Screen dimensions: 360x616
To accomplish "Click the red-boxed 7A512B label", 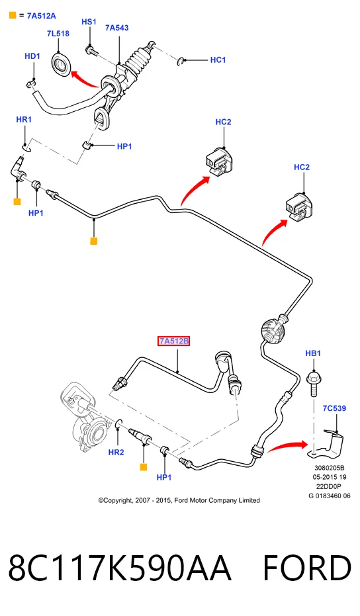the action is tap(173, 341).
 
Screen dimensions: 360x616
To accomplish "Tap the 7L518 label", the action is tap(58, 34).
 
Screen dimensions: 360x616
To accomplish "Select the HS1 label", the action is tap(89, 22).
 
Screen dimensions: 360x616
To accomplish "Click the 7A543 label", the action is tap(116, 28).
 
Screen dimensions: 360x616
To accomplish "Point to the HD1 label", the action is tap(32, 56).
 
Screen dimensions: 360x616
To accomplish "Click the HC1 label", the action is tap(218, 60).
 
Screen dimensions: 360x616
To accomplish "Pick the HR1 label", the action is tap(24, 119).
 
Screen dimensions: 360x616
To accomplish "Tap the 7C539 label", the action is tap(334, 408).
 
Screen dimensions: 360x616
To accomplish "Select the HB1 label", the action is tap(313, 353).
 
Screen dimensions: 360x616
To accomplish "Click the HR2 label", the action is tap(116, 452).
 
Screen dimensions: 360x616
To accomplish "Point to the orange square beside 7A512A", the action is tap(13, 16).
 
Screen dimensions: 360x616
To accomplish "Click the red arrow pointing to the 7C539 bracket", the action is tap(288, 446).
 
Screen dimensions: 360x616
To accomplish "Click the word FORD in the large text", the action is tap(306, 568).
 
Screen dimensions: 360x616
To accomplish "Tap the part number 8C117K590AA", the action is tap(119, 568).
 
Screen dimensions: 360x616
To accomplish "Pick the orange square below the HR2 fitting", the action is tap(144, 467).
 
